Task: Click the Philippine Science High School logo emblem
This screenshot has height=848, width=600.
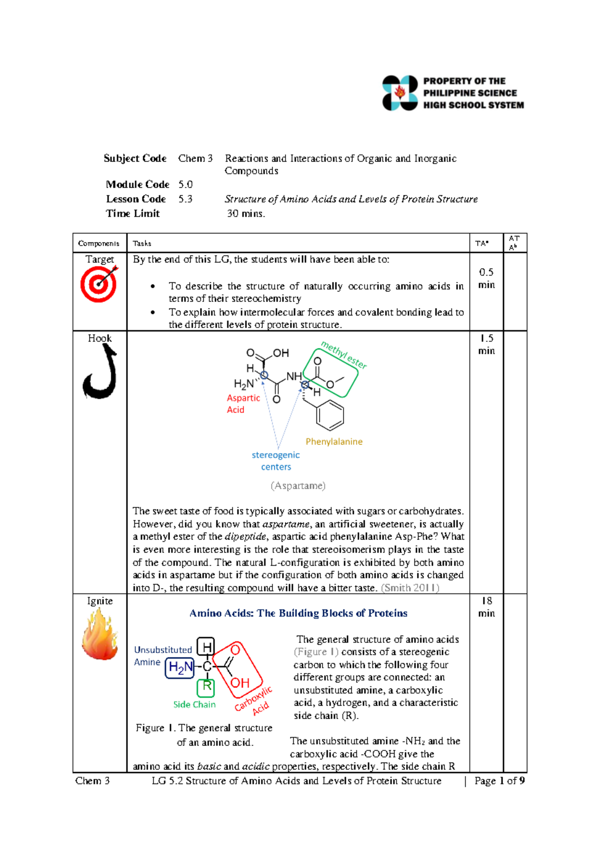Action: tap(399, 92)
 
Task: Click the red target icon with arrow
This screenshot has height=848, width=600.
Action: tap(99, 283)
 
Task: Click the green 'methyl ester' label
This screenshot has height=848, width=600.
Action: tap(344, 354)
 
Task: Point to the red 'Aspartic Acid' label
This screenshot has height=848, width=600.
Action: tap(243, 403)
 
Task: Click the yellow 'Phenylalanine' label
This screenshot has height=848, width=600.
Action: tap(333, 441)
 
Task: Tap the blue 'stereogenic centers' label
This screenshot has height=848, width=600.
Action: tap(275, 460)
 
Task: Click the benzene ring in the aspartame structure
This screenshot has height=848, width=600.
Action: tap(329, 415)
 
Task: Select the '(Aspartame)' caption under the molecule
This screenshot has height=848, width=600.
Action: tap(298, 485)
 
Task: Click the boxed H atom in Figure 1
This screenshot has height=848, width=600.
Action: tap(205, 646)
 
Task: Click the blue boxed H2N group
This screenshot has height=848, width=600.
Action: tap(180, 667)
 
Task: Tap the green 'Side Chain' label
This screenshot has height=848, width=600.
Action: tap(194, 704)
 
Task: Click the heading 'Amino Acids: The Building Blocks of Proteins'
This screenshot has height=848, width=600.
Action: tap(298, 613)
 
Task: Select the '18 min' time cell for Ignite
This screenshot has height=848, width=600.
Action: tap(486, 607)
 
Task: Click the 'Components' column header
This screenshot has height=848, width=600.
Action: tap(98, 243)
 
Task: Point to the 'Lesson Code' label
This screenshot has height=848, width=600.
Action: tap(135, 199)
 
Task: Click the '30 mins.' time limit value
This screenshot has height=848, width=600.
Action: tap(245, 213)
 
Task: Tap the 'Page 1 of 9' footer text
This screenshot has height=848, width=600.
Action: tap(499, 780)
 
